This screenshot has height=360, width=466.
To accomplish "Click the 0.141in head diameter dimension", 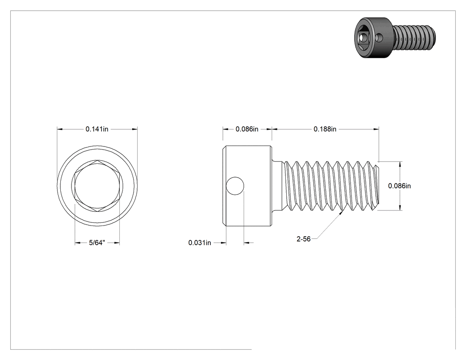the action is click(97, 129).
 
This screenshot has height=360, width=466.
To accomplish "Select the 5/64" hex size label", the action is click(97, 243).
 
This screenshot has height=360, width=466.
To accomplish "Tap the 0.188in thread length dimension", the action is click(325, 129).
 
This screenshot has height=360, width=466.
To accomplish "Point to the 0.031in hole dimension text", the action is click(200, 243).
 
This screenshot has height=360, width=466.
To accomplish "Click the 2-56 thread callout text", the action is click(304, 239).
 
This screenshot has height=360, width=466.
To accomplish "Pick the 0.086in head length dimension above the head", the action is click(247, 129).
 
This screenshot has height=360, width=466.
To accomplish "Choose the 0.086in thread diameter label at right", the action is click(399, 186).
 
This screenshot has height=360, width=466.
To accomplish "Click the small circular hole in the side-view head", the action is click(235, 186).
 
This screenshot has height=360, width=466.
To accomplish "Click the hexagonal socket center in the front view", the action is click(97, 186).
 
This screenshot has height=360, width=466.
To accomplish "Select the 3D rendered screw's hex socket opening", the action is click(362, 38).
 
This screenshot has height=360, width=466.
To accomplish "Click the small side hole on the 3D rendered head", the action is click(379, 38).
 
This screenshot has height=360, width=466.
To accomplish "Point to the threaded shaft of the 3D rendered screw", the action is click(414, 37).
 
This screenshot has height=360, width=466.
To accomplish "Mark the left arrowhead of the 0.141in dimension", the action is click(59, 129).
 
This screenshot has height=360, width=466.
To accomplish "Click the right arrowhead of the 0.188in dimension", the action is click(376, 129).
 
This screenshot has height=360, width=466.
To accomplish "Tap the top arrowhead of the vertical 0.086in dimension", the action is click(400, 164).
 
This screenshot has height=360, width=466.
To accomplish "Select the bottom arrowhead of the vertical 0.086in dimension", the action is click(400, 207).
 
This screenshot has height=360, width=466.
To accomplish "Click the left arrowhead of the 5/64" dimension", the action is click(77, 243).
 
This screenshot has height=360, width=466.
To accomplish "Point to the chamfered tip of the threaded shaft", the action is click(376, 186).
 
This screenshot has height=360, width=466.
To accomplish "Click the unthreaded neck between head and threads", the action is click(277, 186).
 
